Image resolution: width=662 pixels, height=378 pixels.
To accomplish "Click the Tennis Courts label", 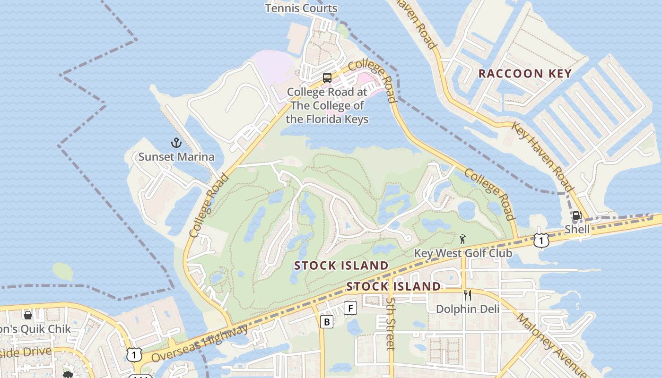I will point(301,8).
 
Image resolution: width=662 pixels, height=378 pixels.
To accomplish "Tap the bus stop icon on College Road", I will point(327,78).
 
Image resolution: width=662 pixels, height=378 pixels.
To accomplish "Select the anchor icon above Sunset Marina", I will point(176,142).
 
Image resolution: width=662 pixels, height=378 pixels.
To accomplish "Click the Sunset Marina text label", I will point(176,157).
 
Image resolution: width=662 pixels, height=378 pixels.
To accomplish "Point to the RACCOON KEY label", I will point(525,74).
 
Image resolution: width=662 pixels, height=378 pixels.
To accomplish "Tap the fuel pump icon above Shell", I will point(577,216).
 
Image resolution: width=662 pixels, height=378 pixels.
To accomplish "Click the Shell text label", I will point(577,230).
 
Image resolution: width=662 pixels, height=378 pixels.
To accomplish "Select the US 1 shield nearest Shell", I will point(541,240).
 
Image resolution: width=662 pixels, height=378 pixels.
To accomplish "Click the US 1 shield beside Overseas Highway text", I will point(134,354).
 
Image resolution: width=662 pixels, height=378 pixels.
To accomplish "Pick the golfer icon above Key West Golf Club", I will point(462,239).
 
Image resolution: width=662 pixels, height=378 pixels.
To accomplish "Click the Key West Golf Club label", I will point(463,253).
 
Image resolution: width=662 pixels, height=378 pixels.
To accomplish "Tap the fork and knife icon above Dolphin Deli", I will point(467,295).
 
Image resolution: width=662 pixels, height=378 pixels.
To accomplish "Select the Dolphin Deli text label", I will point(467,309).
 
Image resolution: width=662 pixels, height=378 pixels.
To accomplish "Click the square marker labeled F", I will point(350,308).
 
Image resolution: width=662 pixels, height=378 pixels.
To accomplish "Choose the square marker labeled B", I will point(326,322).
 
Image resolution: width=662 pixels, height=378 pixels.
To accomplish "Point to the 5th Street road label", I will point(390,324).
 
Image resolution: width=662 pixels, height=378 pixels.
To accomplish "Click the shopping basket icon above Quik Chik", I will point(28,315).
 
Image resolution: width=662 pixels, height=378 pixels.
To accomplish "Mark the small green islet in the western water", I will point(62,271).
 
